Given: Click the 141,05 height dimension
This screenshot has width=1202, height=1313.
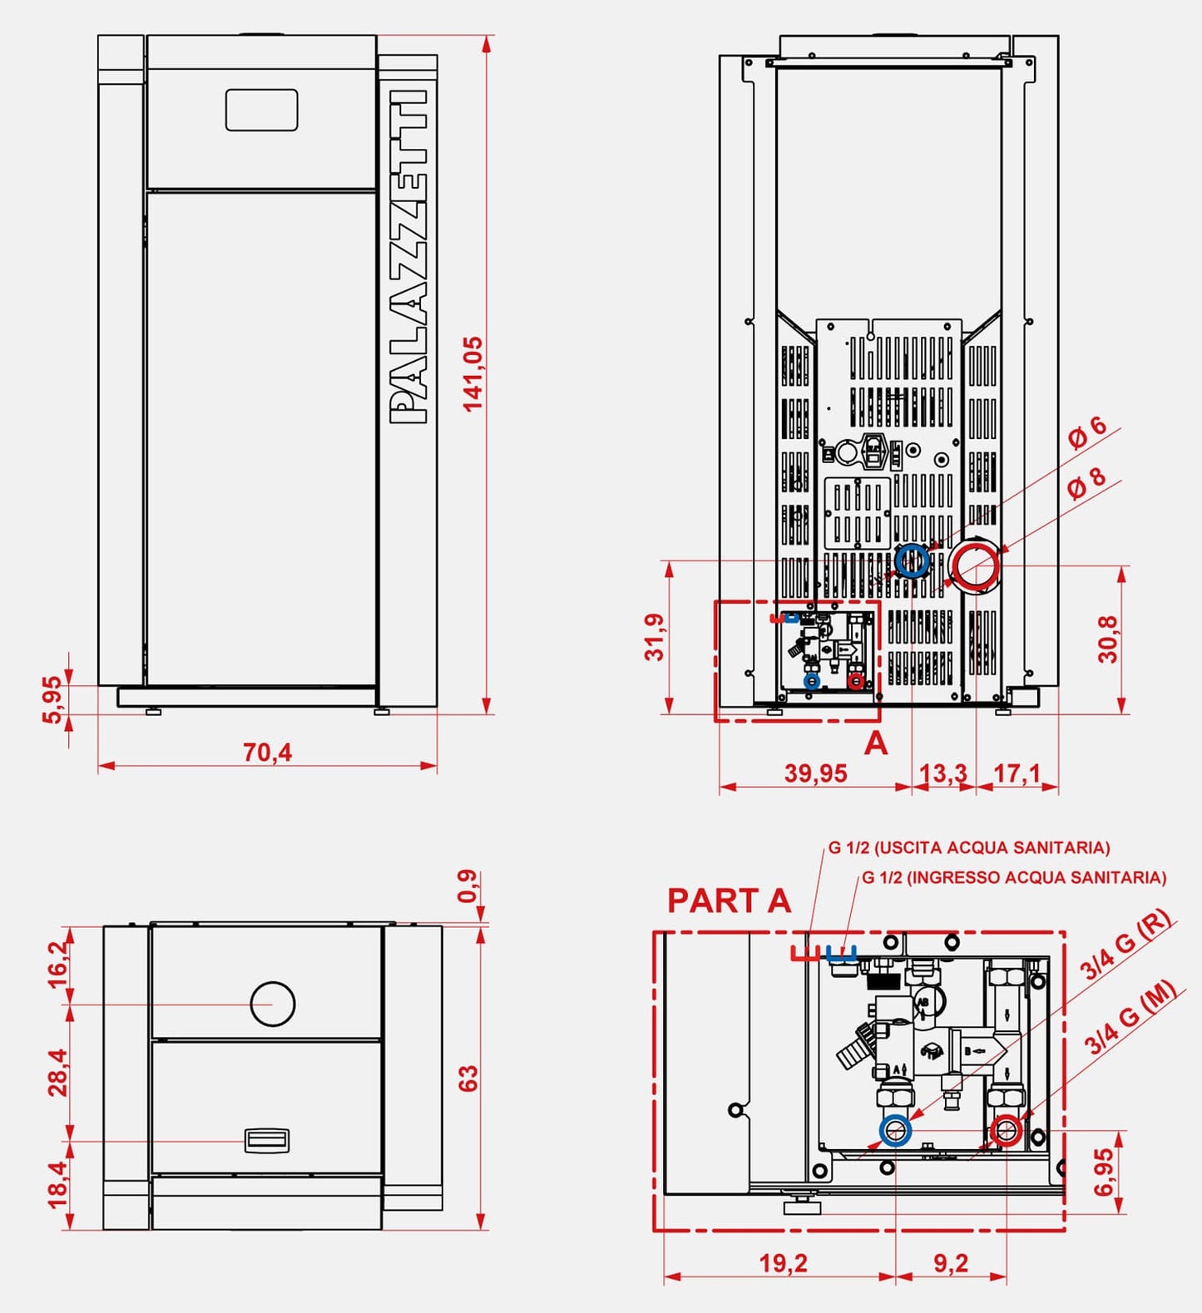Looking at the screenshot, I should coord(472,373).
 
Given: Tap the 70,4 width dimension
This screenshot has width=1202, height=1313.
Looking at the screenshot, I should coord(267,752).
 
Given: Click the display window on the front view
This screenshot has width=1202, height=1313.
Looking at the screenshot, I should coord(261,110).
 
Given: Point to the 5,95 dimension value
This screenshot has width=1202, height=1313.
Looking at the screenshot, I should coord(52,700).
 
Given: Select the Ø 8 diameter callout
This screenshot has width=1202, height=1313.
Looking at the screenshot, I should coord(1086,481).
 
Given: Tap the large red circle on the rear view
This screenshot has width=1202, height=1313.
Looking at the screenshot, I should coord(974,567).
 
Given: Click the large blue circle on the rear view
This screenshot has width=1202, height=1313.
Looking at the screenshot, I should coord(913,561).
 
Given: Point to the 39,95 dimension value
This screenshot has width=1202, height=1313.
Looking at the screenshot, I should coord(815,773).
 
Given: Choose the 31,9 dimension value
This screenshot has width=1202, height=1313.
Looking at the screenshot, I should coord(655,637).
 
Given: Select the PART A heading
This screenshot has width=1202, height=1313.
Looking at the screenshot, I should coord(729,901).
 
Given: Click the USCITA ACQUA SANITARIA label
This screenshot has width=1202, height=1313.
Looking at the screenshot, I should coord(969,847).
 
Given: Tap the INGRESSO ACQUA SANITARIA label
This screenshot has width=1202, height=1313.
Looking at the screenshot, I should coord(1014,877).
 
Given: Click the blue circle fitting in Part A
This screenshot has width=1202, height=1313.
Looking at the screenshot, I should coord(896,1131).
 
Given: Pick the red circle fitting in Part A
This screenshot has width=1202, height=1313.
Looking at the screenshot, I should coord(1007,1131).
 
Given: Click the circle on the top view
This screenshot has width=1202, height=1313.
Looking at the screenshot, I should coord(273,1003).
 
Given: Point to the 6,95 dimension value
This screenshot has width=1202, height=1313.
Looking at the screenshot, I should coord(1104,1172).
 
